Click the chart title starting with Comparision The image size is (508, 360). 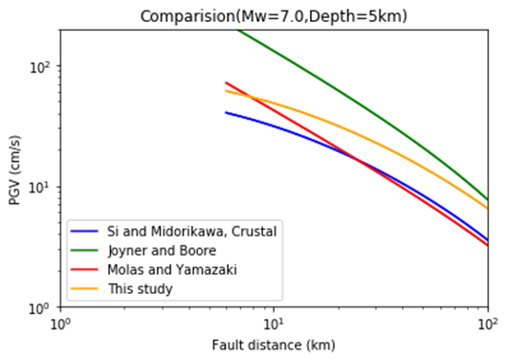point(274,16)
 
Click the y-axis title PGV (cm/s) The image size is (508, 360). point(15,169)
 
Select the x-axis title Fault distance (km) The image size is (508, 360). point(274,345)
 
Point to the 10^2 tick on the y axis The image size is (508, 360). point(42,67)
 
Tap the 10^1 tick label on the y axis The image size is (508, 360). point(42,188)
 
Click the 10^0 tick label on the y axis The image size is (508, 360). point(42,308)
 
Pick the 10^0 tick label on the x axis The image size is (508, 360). point(61,325)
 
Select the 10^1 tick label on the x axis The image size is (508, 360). point(275,325)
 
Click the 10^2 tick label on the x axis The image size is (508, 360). point(488,325)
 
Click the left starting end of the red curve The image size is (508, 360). point(226,83)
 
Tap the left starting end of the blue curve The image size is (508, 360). point(226,112)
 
